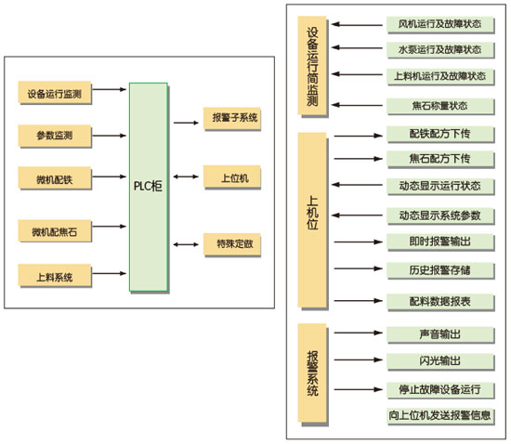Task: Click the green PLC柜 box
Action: pos(149,187)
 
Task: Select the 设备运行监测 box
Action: pos(55,93)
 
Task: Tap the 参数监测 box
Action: pos(55,136)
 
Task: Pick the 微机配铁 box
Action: pos(55,177)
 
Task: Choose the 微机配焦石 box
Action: pos(55,231)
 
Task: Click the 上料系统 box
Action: pos(55,276)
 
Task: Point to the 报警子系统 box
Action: pos(232,118)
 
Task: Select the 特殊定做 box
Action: pos(232,244)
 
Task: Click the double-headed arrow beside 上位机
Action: pos(186,176)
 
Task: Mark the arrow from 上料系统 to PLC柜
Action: pos(110,273)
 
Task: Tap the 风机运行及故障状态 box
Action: pos(440,24)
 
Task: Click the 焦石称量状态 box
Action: pos(440,106)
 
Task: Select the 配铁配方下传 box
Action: pos(440,134)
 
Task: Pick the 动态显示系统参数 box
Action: pos(440,215)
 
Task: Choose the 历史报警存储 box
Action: pos(440,270)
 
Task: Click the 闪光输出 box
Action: pos(440,361)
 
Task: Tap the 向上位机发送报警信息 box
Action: pos(440,415)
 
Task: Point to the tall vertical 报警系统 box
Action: pos(312,373)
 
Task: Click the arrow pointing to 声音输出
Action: pos(358,333)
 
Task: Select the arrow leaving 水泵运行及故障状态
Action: pos(357,48)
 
